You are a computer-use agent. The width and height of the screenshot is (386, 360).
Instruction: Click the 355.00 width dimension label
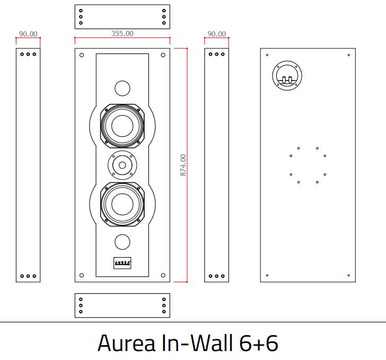[x=122, y=33]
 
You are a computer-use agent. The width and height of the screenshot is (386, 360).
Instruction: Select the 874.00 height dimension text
[x=183, y=165]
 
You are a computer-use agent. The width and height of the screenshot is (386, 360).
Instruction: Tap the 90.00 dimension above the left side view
[x=28, y=34]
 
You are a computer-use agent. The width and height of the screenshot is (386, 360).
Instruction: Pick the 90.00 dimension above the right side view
[x=216, y=34]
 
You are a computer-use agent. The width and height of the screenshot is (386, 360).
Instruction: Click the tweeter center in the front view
[x=122, y=165]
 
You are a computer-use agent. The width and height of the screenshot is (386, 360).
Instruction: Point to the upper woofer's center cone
[x=122, y=126]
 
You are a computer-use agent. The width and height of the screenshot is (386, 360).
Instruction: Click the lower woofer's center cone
[x=122, y=204]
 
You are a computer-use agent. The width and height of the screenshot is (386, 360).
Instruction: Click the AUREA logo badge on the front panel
[x=122, y=262]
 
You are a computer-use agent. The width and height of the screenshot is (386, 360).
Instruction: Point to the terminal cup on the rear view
[x=287, y=77]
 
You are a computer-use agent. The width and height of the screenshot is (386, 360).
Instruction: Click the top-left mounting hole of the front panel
[x=82, y=55]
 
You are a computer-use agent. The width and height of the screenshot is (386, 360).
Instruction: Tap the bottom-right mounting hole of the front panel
[x=163, y=275]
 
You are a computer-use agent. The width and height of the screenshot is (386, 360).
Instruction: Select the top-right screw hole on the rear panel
[x=348, y=55]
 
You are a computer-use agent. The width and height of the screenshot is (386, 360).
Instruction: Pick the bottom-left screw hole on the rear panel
[x=267, y=275]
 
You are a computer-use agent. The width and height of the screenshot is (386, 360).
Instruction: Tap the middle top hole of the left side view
[x=28, y=54]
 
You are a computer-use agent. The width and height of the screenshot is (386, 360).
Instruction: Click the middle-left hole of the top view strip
[x=81, y=16]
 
